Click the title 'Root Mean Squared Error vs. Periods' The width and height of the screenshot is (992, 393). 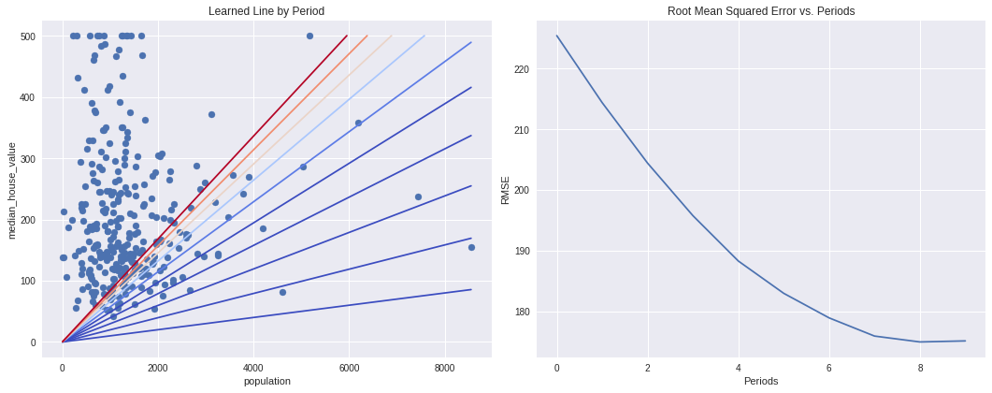coord(761,11)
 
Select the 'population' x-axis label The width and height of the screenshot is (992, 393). coord(267,381)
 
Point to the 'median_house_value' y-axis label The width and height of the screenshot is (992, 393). coord(12,190)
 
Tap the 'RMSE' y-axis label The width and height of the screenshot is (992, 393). coord(506,190)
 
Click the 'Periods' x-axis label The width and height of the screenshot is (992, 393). coord(761,381)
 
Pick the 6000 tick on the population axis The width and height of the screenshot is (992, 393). coord(349,367)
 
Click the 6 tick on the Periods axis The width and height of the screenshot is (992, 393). coord(829,367)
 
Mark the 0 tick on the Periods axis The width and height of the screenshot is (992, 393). coord(557,367)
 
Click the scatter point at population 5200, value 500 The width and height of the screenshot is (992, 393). coord(309,36)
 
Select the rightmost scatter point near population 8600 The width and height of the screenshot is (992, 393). coord(471,247)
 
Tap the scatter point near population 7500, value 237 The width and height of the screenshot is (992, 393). coord(418,197)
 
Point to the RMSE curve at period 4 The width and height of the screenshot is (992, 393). coord(739,261)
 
